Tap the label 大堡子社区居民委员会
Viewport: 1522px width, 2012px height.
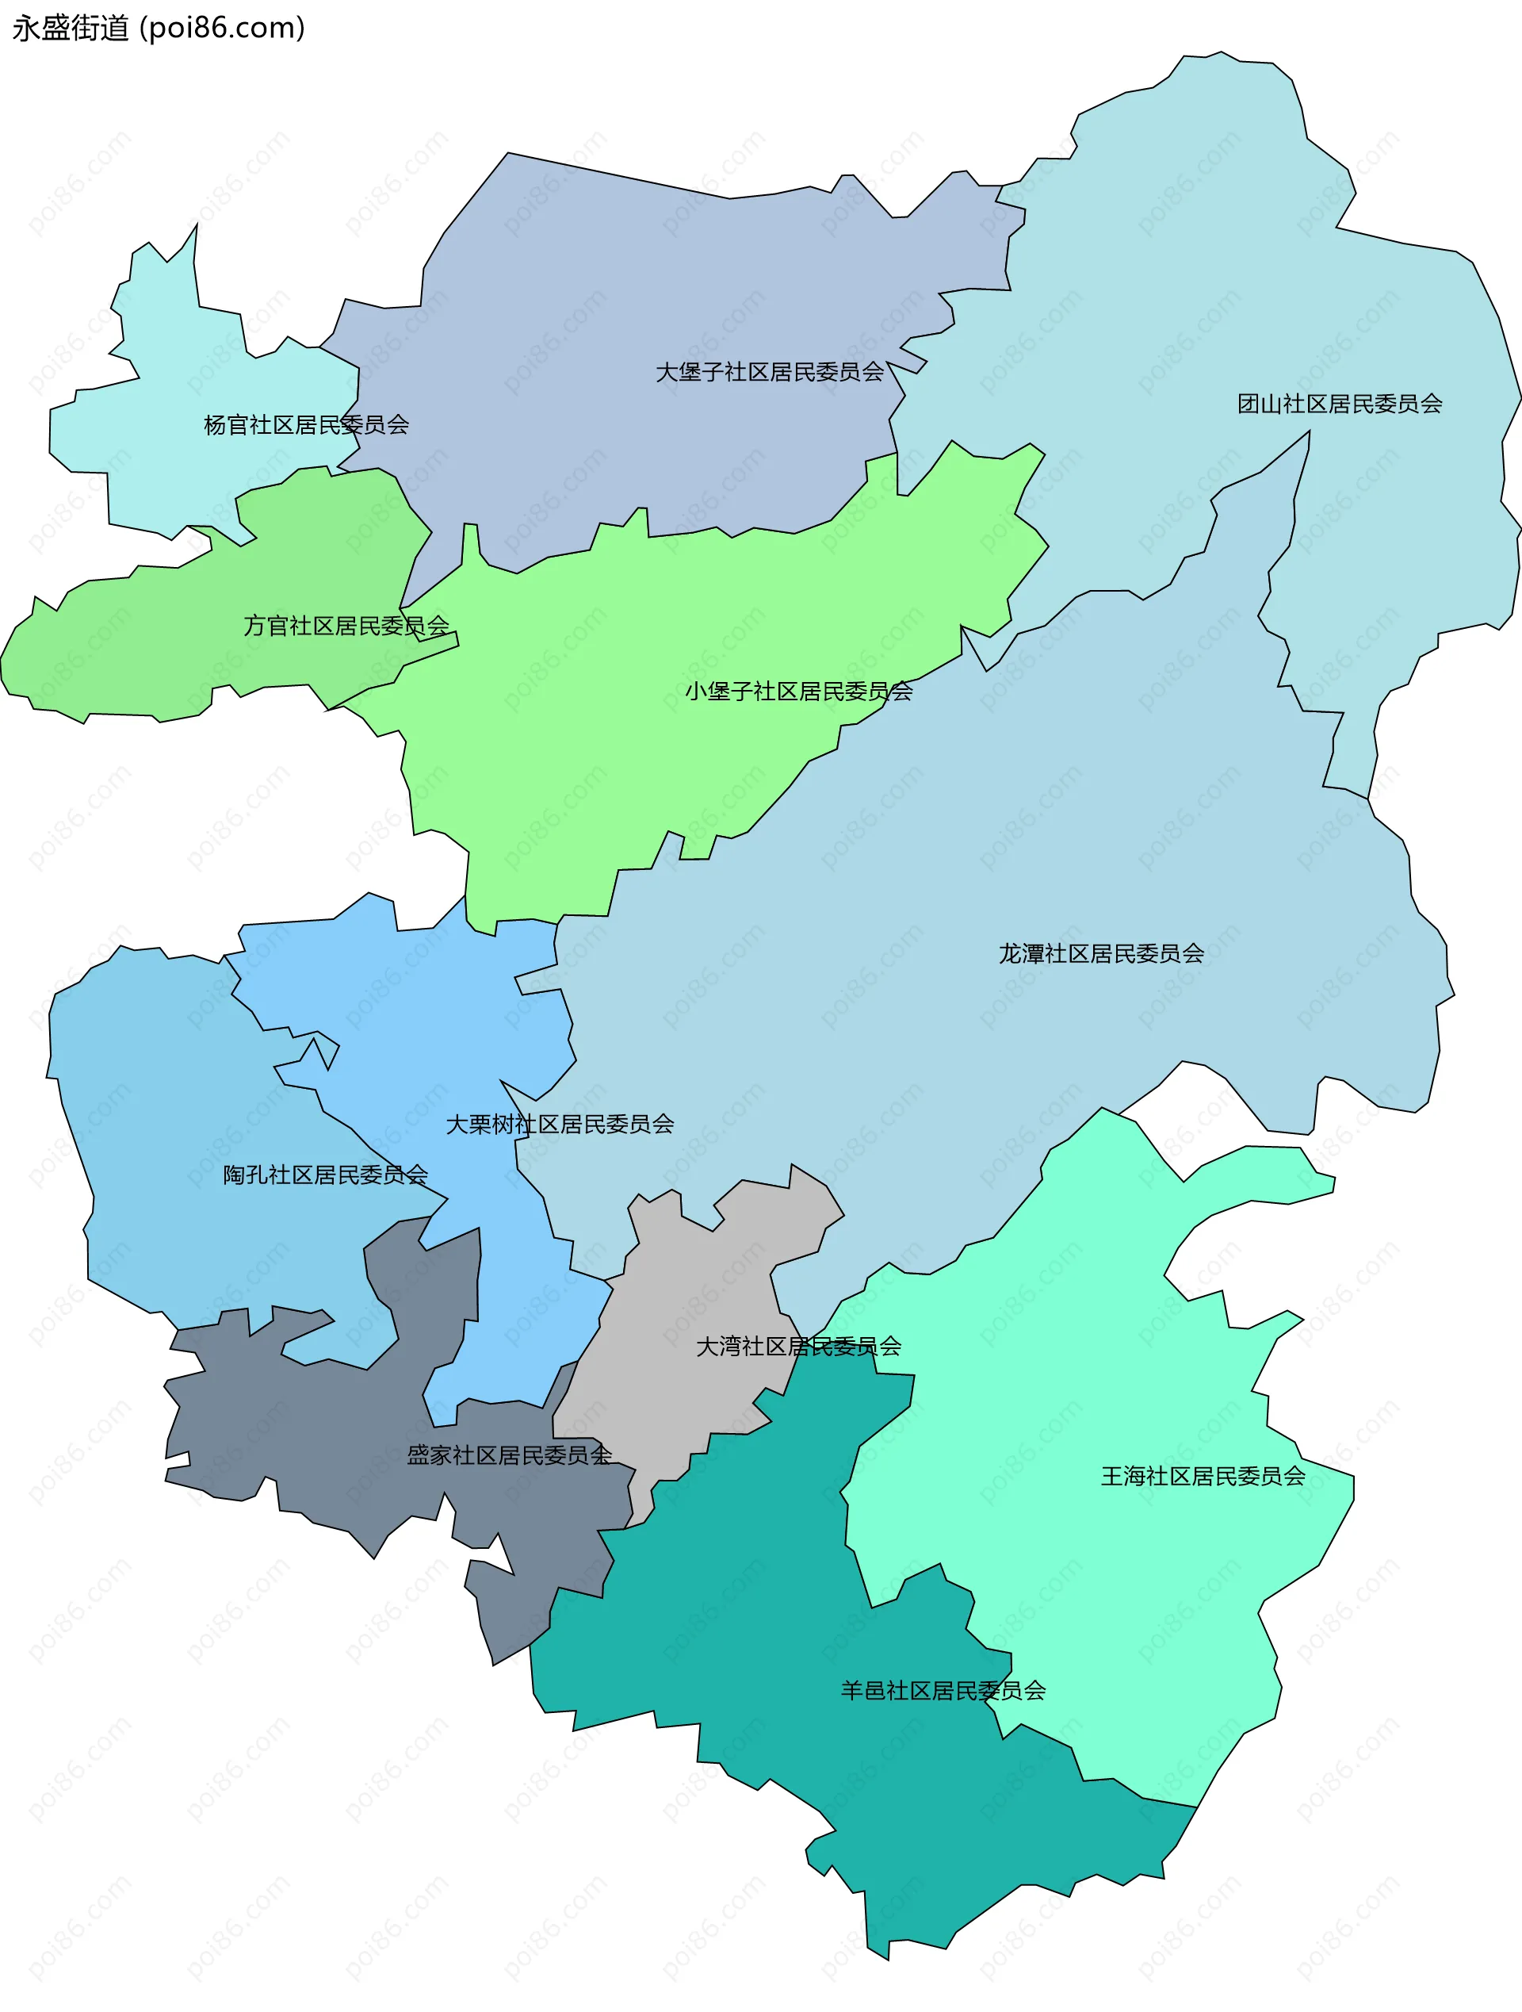click(769, 372)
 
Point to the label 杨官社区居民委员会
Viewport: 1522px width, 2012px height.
click(307, 425)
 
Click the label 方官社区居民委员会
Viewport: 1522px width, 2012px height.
click(346, 626)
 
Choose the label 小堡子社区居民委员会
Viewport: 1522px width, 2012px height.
click(798, 692)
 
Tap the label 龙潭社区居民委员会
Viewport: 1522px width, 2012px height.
click(1101, 953)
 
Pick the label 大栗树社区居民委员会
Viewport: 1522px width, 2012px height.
click(560, 1125)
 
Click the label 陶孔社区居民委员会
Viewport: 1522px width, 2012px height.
click(326, 1175)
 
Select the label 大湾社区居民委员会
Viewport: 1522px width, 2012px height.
click(798, 1346)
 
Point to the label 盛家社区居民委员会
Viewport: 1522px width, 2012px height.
click(509, 1455)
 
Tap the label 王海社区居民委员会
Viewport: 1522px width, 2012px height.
click(1203, 1476)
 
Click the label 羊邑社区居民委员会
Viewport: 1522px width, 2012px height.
click(943, 1691)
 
